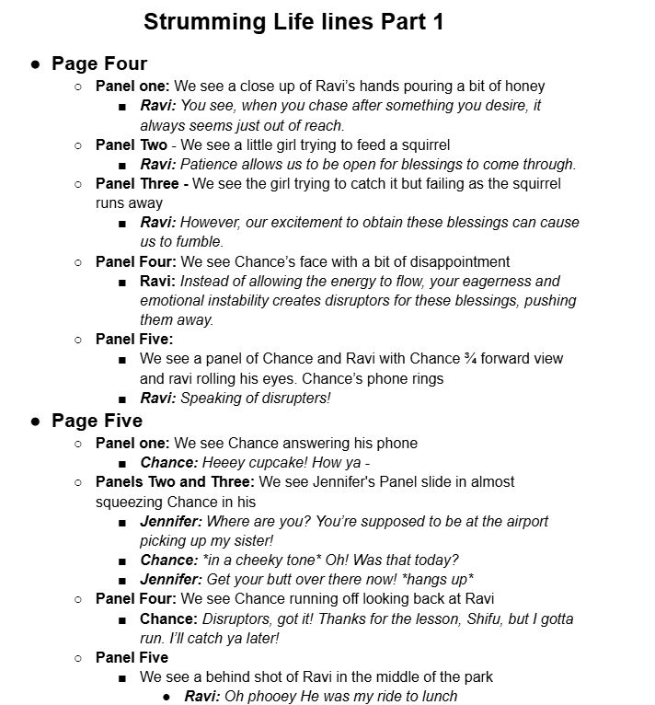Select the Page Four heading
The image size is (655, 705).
99,64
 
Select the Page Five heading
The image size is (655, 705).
98,421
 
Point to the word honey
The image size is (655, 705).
524,86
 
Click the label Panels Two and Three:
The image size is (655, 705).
176,481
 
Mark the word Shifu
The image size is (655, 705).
460,618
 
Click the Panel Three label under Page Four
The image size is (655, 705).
141,183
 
